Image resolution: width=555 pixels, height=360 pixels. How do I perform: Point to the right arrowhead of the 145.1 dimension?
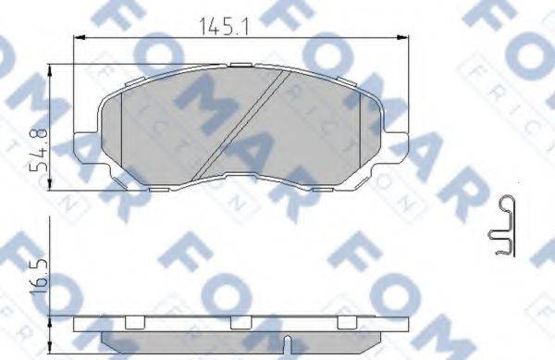point(404,38)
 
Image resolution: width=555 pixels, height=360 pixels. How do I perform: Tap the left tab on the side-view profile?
point(135,322)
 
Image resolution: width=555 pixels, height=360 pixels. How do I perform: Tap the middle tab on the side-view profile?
point(241,322)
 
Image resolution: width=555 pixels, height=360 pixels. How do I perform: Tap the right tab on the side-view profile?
point(347,322)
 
